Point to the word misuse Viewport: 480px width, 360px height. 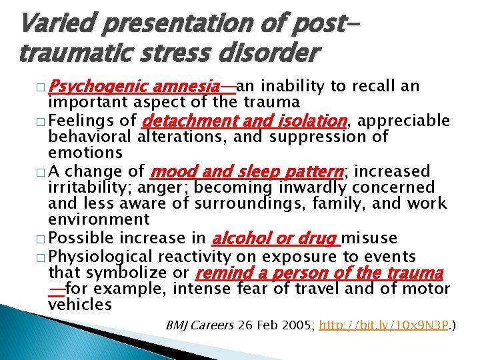click(x=371, y=239)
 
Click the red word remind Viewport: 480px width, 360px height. click(x=221, y=273)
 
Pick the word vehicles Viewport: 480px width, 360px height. click(x=80, y=305)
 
